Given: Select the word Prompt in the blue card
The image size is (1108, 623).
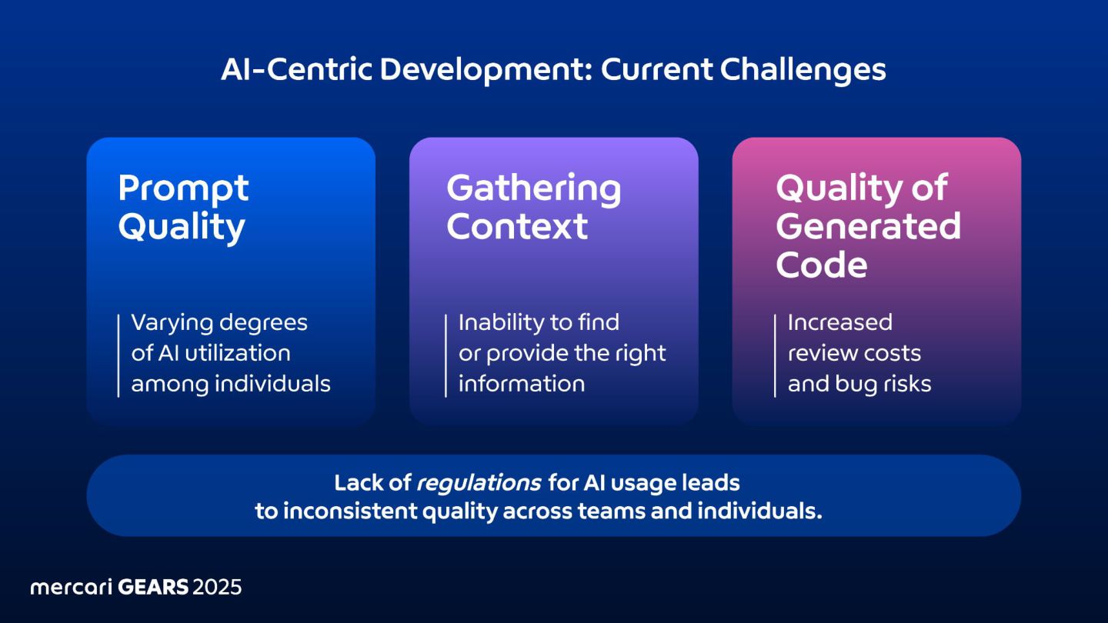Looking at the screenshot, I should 183,188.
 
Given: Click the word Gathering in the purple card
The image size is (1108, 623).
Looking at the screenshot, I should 533,188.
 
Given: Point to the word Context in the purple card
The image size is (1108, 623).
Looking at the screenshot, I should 517,227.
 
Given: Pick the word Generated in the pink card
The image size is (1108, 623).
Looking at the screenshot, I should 868,227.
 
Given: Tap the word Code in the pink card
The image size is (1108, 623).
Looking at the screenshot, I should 821,265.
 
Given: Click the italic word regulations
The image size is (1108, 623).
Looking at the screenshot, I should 478,484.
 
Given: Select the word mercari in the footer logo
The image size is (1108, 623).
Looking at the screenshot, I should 71,588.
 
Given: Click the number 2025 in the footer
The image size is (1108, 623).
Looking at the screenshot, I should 217,588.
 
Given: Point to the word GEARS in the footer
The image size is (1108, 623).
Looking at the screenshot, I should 153,588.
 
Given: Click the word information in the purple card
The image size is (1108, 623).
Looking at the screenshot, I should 521,384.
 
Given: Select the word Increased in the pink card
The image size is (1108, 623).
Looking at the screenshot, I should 839,322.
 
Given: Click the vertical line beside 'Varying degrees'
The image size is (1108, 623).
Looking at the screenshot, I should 118,355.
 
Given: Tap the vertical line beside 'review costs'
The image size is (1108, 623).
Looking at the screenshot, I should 775,355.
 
